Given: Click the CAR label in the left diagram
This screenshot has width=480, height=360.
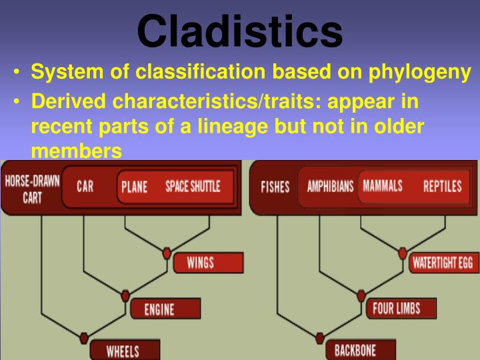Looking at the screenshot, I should (85, 187).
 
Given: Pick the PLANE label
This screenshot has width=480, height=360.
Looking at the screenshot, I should (134, 187).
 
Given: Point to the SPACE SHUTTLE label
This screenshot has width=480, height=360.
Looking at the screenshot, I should (192, 187).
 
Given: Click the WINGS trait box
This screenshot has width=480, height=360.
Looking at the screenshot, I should (200, 262).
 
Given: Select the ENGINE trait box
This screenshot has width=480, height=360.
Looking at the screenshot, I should (160, 309).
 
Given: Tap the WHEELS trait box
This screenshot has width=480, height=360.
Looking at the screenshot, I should (123, 349).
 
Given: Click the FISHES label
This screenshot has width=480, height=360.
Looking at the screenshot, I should (275, 187).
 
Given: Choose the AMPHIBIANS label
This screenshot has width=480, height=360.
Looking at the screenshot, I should (330, 187).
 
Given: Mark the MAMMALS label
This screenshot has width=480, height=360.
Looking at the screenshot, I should (383, 186).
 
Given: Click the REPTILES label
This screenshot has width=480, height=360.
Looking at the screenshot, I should (442, 187).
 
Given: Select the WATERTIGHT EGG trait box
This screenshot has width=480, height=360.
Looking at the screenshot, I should (442, 262).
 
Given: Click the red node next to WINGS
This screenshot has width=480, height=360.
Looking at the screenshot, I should (167, 253).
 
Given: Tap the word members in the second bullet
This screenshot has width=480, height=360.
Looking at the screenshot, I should (76, 151).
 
